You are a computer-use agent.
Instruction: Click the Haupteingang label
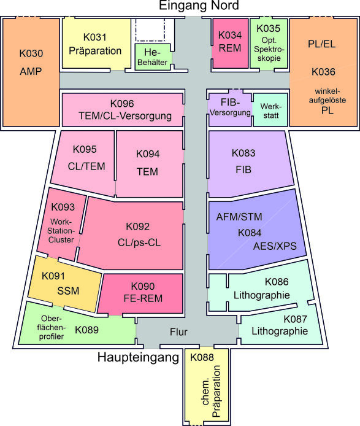coord(138,357)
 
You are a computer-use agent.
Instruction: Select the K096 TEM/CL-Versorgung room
coord(122,109)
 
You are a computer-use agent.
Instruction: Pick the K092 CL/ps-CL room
coord(137,234)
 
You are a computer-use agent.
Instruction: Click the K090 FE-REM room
coord(142,292)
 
